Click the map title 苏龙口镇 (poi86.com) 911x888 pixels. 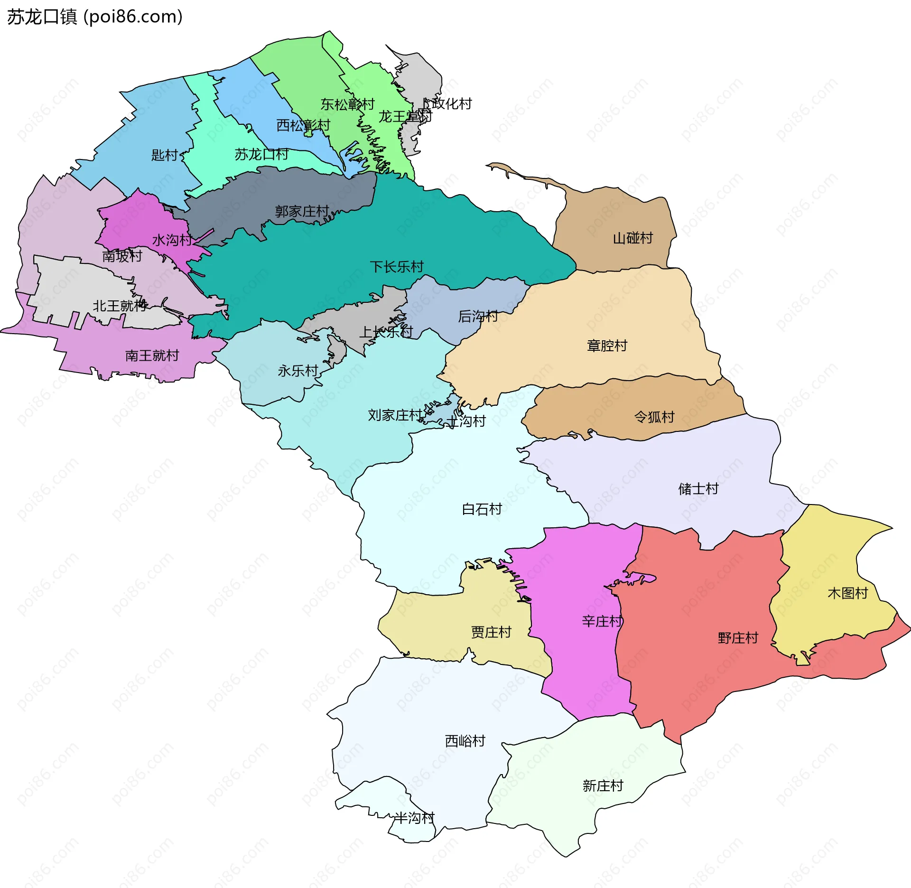pos(94,17)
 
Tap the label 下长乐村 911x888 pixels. pos(397,267)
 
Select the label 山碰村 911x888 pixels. pos(632,238)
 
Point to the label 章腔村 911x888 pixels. pos(607,346)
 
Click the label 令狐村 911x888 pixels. pos(654,417)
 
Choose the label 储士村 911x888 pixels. pos(698,488)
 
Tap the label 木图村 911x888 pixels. pos(847,593)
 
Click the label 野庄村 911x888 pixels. pos(738,637)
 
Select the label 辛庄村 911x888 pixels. pos(602,621)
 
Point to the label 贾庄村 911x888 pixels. pos(491,632)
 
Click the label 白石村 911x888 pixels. pos(482,509)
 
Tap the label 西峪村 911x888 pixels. pos(465,740)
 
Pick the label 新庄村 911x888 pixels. pos(603,785)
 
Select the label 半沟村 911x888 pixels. pos(414,817)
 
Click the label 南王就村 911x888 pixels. pos(152,355)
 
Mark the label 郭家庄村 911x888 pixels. pos(302,211)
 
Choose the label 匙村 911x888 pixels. pos(164,155)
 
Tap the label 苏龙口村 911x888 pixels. pos(261,154)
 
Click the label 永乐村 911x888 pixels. pos(297,371)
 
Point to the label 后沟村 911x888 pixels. pos(478,316)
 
